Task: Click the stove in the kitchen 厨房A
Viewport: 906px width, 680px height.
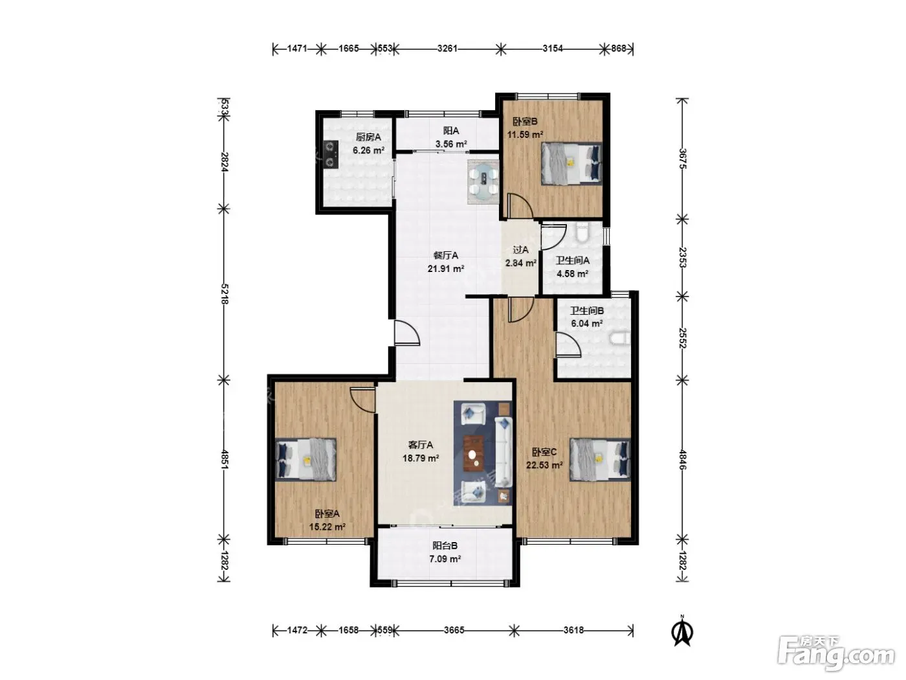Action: point(331,154)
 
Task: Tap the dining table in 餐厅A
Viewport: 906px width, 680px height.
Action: point(483,182)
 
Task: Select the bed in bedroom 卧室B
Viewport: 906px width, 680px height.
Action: point(571,163)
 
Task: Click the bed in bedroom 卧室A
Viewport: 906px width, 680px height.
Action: point(306,460)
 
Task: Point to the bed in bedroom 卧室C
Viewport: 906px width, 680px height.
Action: point(600,460)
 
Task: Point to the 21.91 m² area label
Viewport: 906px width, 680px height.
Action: point(446,269)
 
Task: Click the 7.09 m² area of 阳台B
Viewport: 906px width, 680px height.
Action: point(445,559)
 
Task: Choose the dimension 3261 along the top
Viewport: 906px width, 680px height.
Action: point(447,49)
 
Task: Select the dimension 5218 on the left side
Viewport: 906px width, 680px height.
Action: point(225,294)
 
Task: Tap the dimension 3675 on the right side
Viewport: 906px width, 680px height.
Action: point(682,159)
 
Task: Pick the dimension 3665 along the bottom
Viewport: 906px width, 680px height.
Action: point(454,630)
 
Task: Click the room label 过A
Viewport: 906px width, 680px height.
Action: point(520,250)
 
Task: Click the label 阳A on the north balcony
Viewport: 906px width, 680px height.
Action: point(451,131)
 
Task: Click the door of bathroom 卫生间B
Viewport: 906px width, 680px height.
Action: point(568,345)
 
